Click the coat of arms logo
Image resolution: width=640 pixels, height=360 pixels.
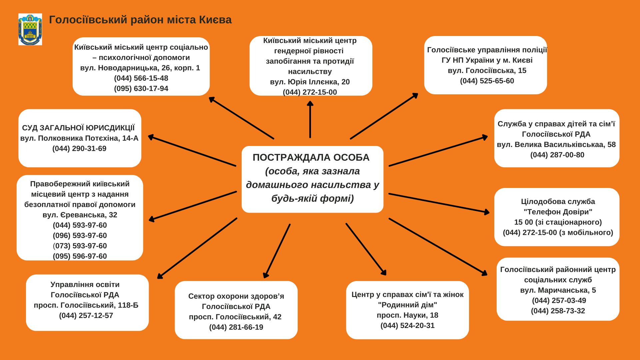(30, 29)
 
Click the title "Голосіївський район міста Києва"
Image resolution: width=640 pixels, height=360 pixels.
(140, 20)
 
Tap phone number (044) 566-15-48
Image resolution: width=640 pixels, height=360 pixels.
(141, 78)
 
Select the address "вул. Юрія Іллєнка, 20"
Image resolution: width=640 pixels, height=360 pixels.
(310, 82)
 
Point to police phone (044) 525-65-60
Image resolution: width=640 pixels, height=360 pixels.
(487, 81)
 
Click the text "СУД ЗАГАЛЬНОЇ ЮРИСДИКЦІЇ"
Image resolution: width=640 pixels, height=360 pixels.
(79, 128)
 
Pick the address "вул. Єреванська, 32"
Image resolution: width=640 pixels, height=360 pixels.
(80, 215)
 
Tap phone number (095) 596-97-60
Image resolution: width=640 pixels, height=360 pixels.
(80, 256)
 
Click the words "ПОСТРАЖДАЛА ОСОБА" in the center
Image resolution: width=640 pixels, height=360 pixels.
(311, 157)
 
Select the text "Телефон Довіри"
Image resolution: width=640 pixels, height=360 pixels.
(558, 212)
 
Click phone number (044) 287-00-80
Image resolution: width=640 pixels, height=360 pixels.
(557, 155)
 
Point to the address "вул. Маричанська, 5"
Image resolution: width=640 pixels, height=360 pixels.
(558, 290)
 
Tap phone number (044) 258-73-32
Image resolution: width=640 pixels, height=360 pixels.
(558, 311)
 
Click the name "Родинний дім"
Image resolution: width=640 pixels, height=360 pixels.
(407, 305)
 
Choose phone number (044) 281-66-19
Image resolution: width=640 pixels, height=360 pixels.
(236, 327)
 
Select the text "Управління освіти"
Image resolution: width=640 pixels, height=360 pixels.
(85, 285)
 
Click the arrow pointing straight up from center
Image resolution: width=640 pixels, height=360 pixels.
(310, 119)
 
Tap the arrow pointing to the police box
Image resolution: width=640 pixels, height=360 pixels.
(384, 116)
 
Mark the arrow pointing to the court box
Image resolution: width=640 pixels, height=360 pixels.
(192, 150)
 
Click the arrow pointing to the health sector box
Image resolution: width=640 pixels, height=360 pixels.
(277, 251)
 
